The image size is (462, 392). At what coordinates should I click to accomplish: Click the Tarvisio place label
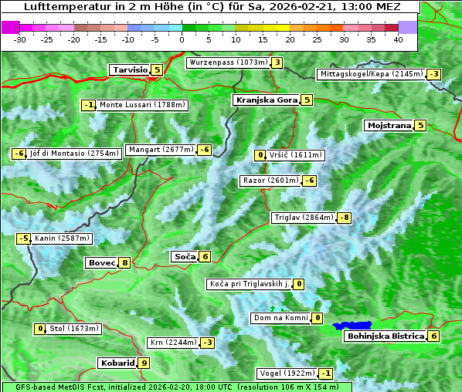129,70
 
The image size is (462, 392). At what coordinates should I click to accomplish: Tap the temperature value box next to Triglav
345,218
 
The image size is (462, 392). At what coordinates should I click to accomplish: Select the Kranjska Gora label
266,100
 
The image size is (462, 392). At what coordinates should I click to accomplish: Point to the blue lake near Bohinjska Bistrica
352,326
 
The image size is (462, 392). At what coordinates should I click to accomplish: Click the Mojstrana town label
389,125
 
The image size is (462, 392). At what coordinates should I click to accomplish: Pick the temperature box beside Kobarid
144,363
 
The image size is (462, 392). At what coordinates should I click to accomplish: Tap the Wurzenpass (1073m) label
228,63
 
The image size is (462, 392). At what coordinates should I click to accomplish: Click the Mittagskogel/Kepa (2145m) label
371,74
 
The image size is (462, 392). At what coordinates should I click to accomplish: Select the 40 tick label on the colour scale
398,39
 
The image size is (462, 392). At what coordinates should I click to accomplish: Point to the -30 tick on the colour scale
20,39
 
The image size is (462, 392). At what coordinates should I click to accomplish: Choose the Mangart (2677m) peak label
161,150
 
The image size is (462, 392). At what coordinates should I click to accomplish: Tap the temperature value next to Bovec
124,262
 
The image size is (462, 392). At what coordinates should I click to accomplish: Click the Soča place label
185,256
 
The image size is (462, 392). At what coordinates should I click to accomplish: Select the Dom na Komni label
280,318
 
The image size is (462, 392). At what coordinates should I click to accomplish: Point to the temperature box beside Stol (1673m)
40,329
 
